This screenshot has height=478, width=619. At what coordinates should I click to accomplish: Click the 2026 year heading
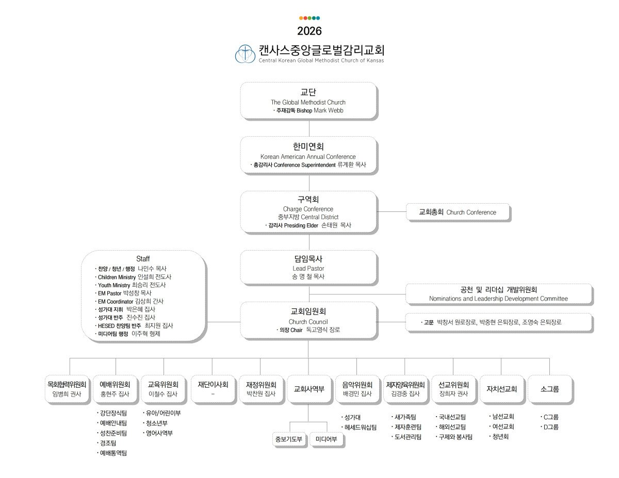coord(309,31)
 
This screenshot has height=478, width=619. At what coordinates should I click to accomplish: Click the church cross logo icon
coord(245,54)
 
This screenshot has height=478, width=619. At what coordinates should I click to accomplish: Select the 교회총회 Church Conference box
coord(458,212)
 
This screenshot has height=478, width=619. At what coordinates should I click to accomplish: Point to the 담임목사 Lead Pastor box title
coord(308,259)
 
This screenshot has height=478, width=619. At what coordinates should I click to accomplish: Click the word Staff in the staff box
coord(143,259)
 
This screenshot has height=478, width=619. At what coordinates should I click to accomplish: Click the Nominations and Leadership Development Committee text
coord(498,299)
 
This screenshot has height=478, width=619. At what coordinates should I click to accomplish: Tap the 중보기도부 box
coord(289,439)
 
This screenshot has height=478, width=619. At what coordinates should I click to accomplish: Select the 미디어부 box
coord(326,439)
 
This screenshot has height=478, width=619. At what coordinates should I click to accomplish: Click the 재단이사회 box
coord(213,389)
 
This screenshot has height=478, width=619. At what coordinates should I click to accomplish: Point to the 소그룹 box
coord(550,389)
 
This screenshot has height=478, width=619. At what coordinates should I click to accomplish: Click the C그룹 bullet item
coord(549,417)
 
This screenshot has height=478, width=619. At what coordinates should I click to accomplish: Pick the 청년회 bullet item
coord(499,437)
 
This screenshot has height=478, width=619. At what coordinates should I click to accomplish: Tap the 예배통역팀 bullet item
coord(112,453)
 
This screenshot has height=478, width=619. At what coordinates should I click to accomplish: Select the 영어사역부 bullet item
coord(158,433)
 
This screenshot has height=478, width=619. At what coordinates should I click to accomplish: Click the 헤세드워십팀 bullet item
coord(359,427)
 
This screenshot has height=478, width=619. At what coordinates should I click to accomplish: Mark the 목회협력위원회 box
coord(67,389)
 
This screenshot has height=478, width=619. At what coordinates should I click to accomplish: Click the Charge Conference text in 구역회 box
coord(308,209)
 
